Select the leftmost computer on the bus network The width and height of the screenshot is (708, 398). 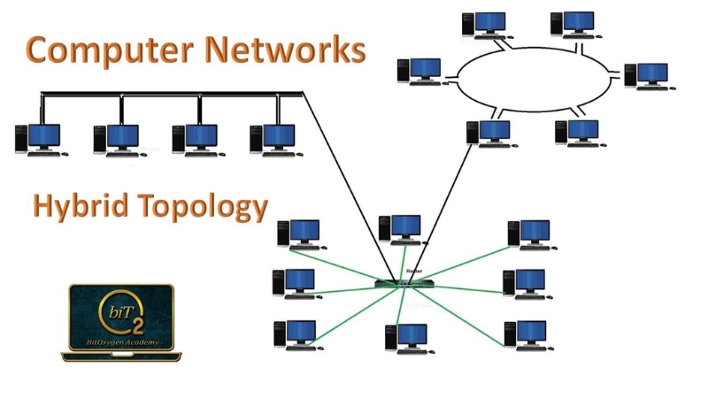[39, 139]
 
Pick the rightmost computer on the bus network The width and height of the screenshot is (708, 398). [273, 139]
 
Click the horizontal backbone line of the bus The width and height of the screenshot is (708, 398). [168, 93]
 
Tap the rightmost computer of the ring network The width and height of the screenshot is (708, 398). [645, 76]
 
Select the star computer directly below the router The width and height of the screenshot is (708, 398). [406, 338]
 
